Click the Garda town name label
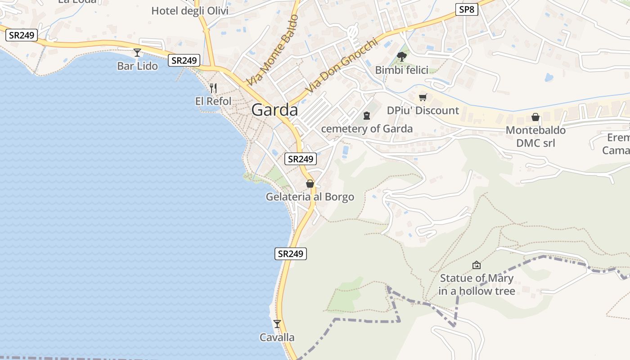[x=274, y=110]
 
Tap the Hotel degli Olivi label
[x=190, y=11]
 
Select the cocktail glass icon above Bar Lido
[x=137, y=53]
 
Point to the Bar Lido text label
[x=137, y=66]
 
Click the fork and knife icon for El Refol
[x=213, y=88]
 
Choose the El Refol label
[x=213, y=101]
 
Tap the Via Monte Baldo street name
[x=273, y=50]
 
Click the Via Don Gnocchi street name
[x=340, y=66]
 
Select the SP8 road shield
[x=466, y=9]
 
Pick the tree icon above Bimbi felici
[x=402, y=57]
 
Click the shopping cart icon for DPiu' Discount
[x=423, y=97]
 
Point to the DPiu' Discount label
[x=423, y=111]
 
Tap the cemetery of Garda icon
[x=367, y=116]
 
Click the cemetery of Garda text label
[x=367, y=129]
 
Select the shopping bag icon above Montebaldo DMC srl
[x=535, y=117]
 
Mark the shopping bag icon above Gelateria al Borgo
[x=310, y=184]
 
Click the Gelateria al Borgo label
[x=310, y=197]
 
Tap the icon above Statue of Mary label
[x=476, y=265]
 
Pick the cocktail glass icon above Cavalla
[x=277, y=324]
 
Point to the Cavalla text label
[x=277, y=337]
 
